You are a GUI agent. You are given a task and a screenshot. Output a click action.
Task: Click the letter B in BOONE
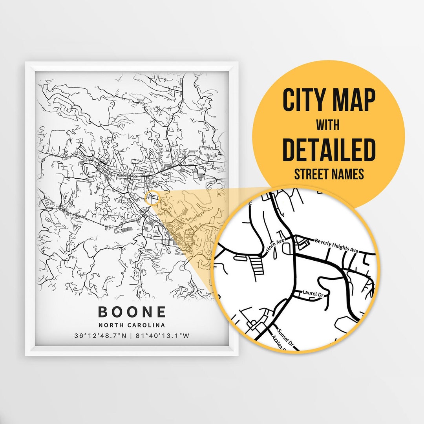click(x=103, y=312)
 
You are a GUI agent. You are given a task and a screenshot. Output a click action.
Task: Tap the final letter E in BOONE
click(x=161, y=312)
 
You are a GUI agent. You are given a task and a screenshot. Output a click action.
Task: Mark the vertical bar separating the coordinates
click(x=132, y=336)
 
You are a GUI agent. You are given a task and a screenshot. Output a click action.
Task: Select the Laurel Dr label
click(x=312, y=292)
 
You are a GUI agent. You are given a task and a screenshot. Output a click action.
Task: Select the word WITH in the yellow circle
click(x=329, y=126)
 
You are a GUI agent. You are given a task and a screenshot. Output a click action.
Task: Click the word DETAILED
click(x=329, y=150)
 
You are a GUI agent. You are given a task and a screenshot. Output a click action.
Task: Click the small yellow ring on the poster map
click(x=151, y=197)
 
